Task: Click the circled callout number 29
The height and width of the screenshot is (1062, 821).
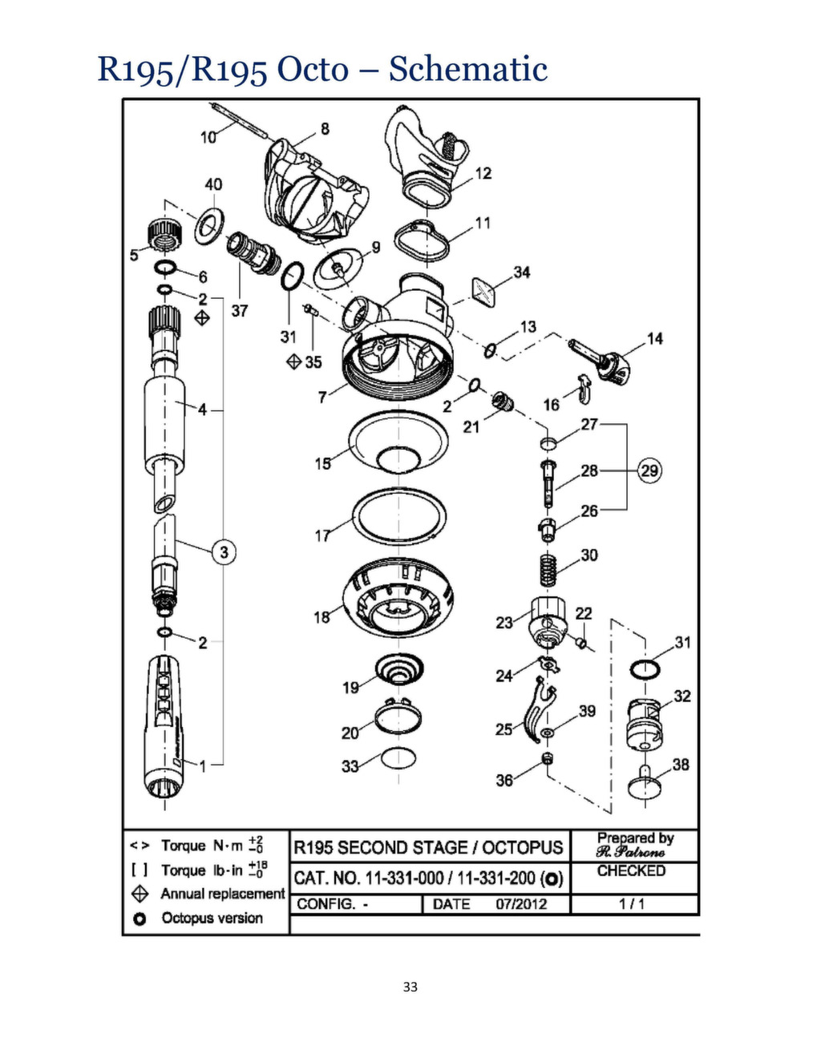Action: tap(649, 470)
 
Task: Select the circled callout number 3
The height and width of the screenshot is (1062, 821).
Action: tap(224, 551)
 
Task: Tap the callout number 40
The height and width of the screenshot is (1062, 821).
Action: tap(213, 184)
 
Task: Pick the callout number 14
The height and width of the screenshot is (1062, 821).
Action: tap(655, 338)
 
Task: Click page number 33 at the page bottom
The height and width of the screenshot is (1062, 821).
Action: tap(410, 987)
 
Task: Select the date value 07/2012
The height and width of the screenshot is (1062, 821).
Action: tap(520, 904)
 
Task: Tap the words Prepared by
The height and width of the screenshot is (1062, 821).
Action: tap(635, 838)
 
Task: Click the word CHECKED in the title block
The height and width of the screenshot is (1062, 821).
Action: tap(631, 870)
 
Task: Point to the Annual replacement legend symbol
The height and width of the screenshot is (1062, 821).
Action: tap(140, 894)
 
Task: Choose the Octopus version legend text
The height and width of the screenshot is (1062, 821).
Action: tap(212, 919)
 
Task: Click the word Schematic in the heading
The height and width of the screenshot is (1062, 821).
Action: tap(467, 69)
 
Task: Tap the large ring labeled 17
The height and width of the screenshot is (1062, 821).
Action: tap(399, 517)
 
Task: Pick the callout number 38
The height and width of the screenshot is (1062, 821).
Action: tap(681, 765)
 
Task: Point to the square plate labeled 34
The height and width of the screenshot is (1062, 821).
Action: tap(483, 291)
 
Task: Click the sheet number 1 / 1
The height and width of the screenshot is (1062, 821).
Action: tap(631, 904)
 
